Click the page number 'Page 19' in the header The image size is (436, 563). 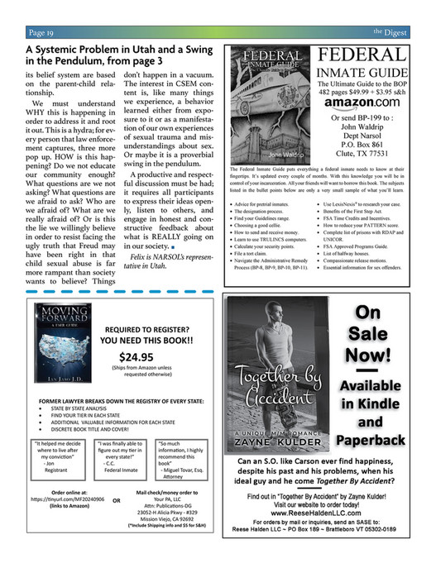coord(41,32)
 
